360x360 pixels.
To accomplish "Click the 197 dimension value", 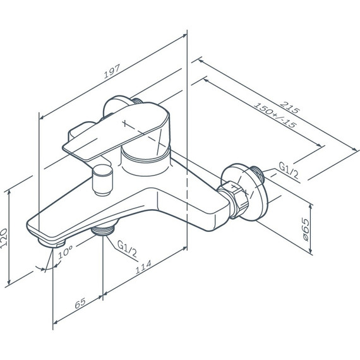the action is (112, 71).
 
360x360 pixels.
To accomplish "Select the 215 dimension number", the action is (290, 107).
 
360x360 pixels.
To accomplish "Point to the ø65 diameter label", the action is (305, 230).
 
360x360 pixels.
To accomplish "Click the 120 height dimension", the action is (4, 238).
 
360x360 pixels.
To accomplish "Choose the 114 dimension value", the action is (143, 267).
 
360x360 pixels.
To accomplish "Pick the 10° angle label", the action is (65, 251).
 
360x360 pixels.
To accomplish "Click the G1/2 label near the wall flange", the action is (289, 171).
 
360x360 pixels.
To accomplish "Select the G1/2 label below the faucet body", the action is (127, 249).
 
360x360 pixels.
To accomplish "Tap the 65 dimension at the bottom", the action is (80, 303).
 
